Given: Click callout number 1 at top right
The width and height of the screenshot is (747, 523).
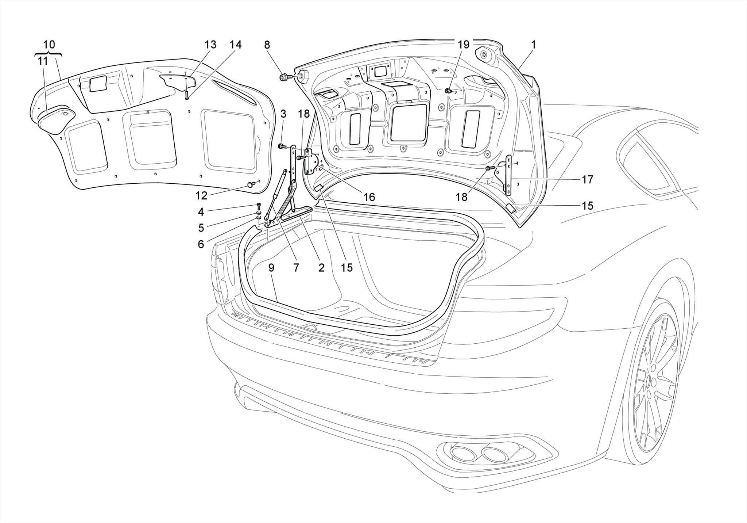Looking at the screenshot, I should pos(533,45).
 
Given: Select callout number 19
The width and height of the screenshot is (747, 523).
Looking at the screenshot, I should pos(463,45).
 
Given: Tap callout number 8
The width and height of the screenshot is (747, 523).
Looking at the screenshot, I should pos(267,45).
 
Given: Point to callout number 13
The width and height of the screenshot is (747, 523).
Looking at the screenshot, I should pos(210,45).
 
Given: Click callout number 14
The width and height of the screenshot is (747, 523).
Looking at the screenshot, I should pos(235,45).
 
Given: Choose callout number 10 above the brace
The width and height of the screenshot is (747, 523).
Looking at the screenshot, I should pos(49,45).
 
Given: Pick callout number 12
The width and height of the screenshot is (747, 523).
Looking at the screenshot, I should pos(201,196).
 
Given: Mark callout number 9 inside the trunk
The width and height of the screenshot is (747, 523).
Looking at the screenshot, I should pos(271,268).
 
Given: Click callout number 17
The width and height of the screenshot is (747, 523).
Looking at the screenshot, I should pos(587,179).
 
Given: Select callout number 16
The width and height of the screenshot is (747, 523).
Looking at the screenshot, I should pos(369,197).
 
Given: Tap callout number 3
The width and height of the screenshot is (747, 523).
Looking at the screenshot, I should pos(283,114).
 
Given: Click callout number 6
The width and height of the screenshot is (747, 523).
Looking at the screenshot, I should pos(201,244).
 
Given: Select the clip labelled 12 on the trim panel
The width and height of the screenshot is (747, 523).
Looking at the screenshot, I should pos(251,184).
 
